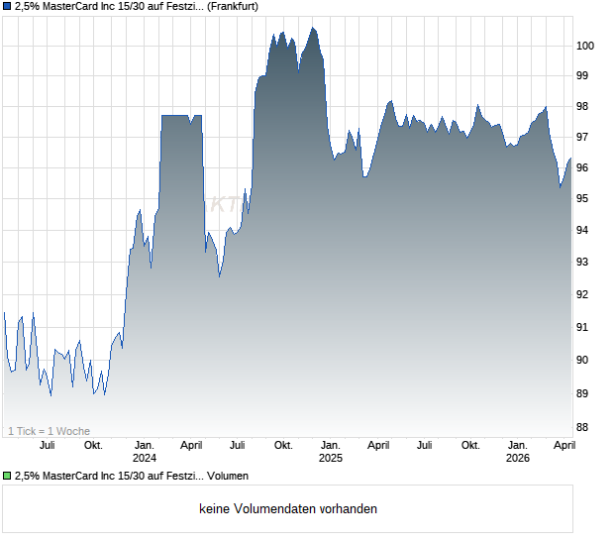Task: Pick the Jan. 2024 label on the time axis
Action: point(145,451)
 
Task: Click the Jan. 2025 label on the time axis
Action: point(330,451)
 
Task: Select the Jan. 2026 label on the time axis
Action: point(517,451)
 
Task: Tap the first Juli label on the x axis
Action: point(47,445)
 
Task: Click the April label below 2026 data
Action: point(563,445)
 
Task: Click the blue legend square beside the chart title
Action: point(7,7)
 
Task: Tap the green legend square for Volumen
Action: point(7,477)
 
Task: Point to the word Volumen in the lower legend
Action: point(227,477)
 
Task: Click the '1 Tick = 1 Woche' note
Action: point(49,431)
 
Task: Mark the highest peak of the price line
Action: point(313,28)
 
